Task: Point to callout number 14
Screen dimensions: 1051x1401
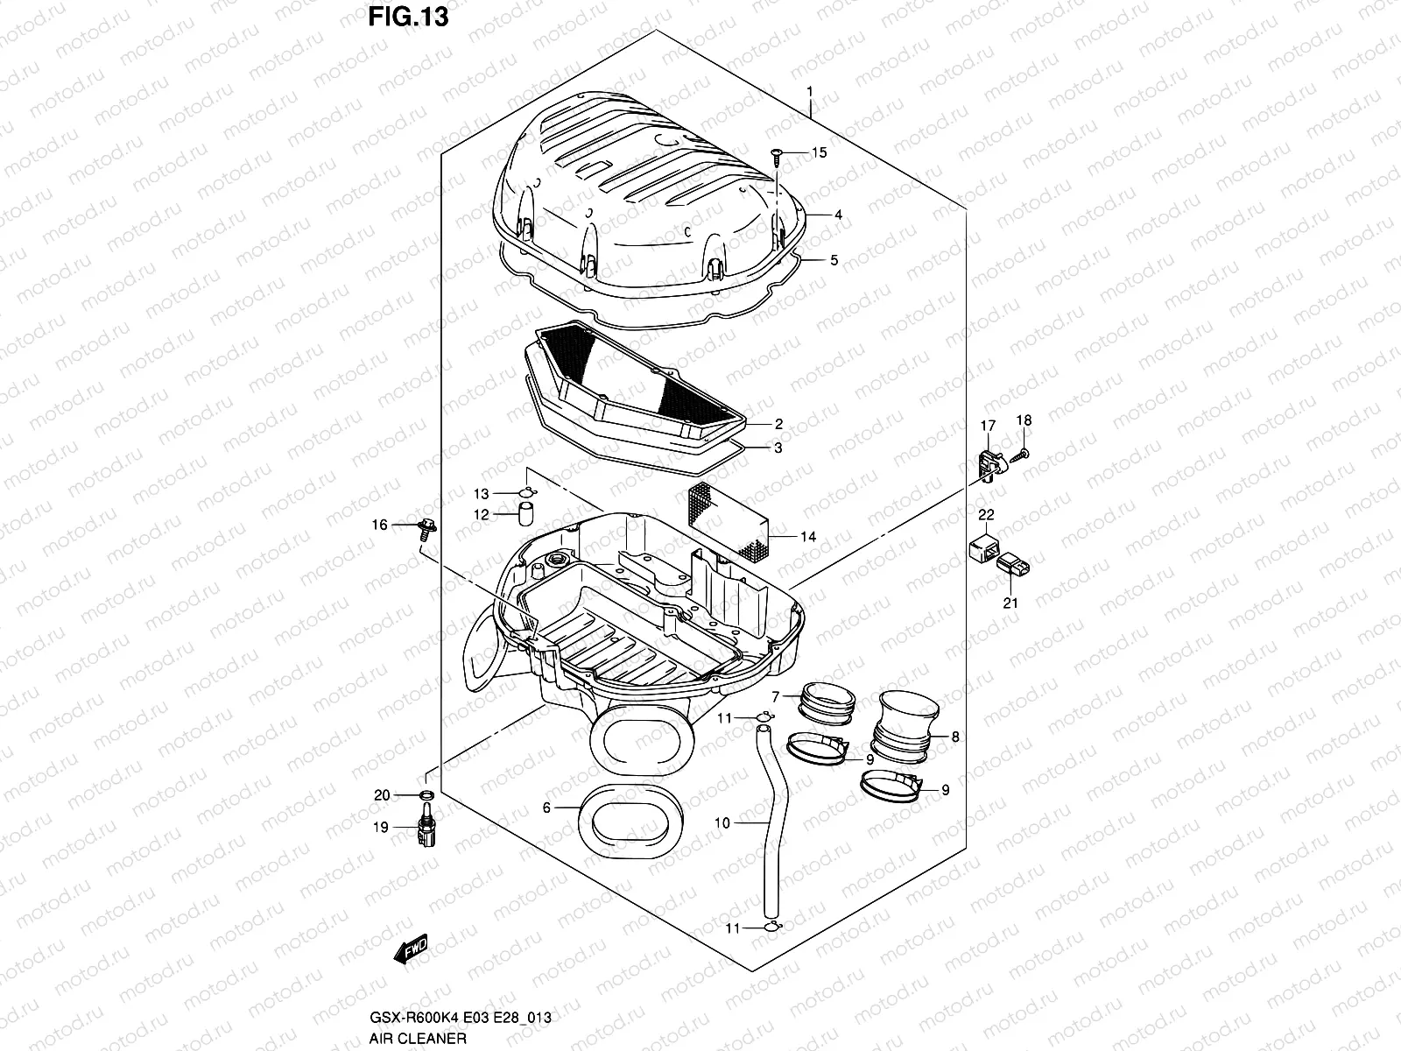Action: (x=807, y=536)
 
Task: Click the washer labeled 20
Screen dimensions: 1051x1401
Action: (x=426, y=795)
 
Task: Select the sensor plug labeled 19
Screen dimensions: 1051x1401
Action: (x=426, y=831)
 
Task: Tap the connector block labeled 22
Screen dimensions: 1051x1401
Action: (x=985, y=548)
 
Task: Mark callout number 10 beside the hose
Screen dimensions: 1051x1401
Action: (x=722, y=822)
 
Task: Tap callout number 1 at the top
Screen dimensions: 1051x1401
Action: (x=810, y=91)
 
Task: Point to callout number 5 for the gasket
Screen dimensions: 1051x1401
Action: (x=834, y=260)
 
